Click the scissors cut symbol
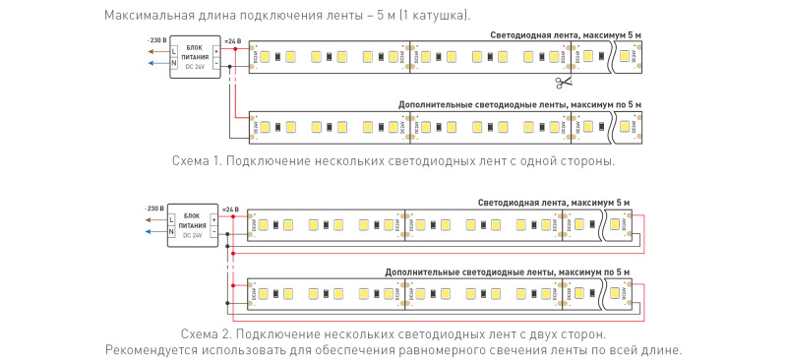click(562, 83)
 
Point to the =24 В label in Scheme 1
click(232, 40)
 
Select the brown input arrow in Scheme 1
click(154, 49)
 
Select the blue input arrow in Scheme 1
click(154, 64)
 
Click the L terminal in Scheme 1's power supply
click(174, 49)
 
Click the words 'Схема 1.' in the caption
click(197, 160)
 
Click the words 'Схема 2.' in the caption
click(206, 335)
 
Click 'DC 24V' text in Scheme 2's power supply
click(194, 235)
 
